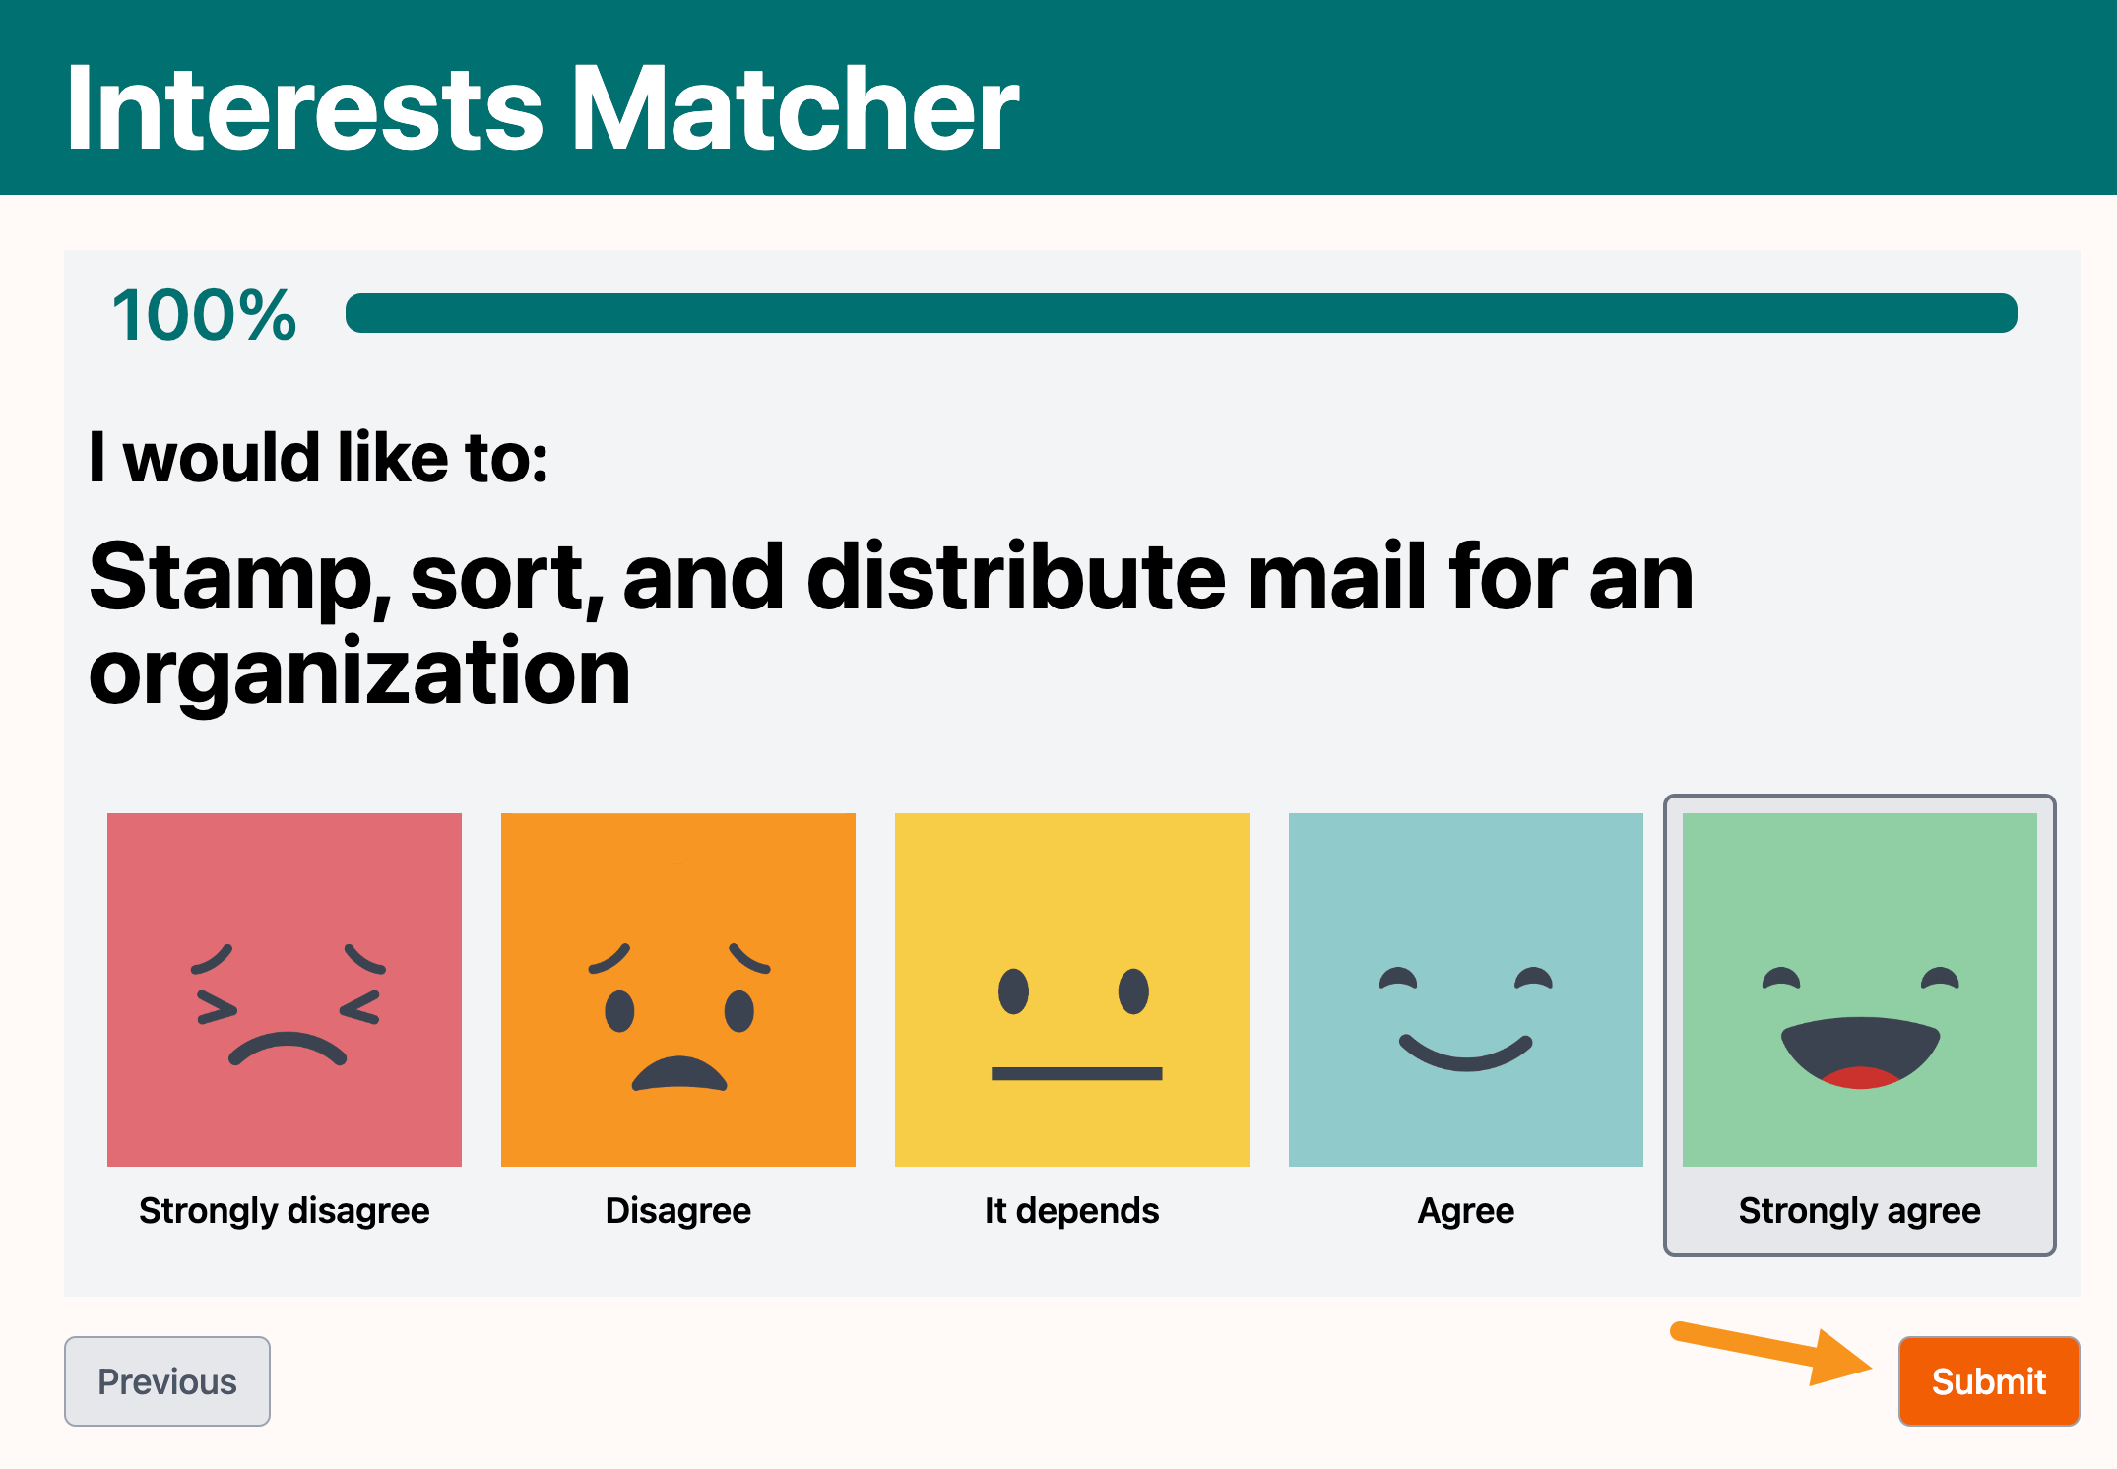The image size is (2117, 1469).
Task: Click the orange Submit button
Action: coord(1989,1380)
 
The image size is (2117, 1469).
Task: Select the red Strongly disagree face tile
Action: coord(285,990)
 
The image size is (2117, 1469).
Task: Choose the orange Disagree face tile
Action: coord(678,990)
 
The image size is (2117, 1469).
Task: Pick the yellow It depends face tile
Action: coord(1072,990)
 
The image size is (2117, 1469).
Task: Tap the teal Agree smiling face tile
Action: coord(1466,990)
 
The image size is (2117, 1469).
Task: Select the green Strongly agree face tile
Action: coord(1860,990)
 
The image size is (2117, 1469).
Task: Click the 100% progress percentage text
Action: coord(204,315)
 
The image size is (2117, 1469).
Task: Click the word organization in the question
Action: coord(359,673)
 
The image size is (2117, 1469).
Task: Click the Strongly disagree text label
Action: coord(285,1210)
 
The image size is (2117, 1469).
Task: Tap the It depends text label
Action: coord(1072,1210)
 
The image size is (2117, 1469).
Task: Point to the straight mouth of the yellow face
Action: coord(1076,1073)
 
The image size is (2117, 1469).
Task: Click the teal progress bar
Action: coord(1182,313)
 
